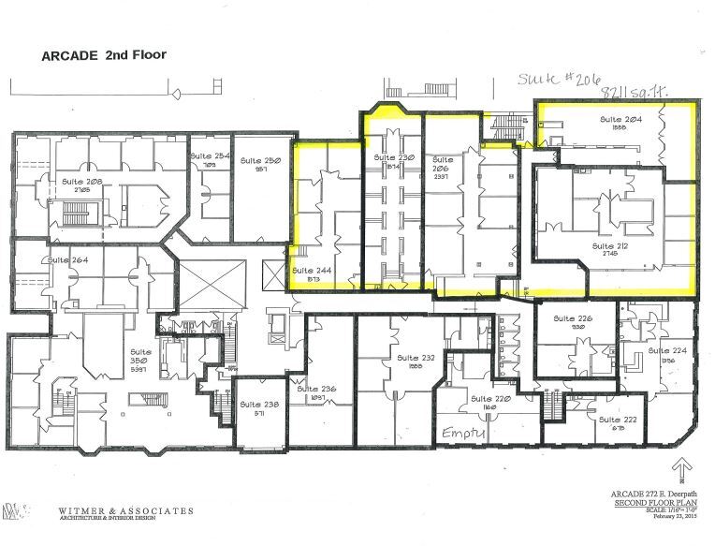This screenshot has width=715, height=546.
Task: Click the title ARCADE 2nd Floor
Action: [x=103, y=55]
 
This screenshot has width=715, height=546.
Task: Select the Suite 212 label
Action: [x=607, y=246]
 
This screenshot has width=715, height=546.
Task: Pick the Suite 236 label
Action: [x=315, y=389]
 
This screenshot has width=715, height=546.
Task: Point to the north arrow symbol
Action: [x=683, y=465]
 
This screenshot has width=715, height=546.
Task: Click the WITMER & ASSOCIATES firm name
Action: [x=125, y=511]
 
